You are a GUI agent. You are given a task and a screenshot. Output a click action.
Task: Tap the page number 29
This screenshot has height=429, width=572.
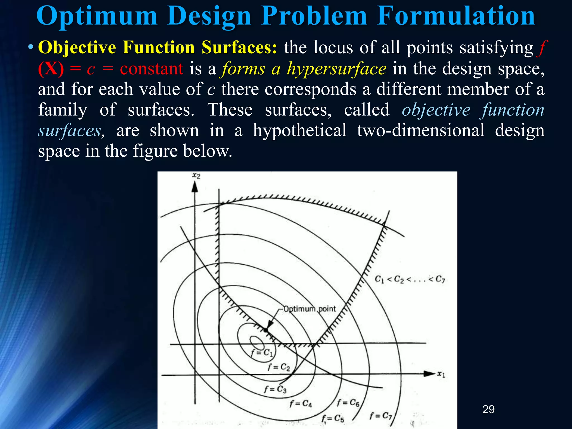point(488,409)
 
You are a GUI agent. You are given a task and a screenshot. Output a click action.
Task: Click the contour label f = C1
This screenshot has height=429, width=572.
point(262,353)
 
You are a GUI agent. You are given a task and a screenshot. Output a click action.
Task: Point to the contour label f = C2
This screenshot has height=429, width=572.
point(279,367)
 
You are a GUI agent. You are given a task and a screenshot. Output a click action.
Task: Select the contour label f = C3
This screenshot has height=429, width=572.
point(275,389)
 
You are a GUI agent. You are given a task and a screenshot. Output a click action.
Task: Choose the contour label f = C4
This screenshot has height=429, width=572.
point(300,403)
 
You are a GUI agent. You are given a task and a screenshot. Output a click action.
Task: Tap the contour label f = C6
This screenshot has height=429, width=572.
point(348,403)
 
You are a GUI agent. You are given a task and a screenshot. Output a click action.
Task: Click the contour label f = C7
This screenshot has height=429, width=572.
point(381,416)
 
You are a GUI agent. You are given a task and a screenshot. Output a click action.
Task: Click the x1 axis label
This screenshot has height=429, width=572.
point(441,374)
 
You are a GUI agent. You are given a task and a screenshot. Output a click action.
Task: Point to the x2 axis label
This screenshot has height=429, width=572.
point(196,176)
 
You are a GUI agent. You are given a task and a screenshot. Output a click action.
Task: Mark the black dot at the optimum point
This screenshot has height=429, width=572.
point(266,330)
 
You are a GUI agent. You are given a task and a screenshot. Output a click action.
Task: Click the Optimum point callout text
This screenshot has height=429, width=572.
point(309,309)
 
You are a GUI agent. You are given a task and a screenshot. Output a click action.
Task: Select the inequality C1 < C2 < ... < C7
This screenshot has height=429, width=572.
point(410,279)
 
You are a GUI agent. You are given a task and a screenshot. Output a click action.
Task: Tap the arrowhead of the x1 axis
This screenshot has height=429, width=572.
point(430,374)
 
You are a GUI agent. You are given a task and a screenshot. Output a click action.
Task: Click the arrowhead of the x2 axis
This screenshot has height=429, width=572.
point(195,187)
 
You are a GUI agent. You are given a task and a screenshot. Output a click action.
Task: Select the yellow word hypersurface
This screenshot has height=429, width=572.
point(337,69)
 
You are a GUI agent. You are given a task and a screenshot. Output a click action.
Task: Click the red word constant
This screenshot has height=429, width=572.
point(151,69)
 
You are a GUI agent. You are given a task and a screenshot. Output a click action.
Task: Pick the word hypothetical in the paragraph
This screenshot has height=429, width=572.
point(300,130)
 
